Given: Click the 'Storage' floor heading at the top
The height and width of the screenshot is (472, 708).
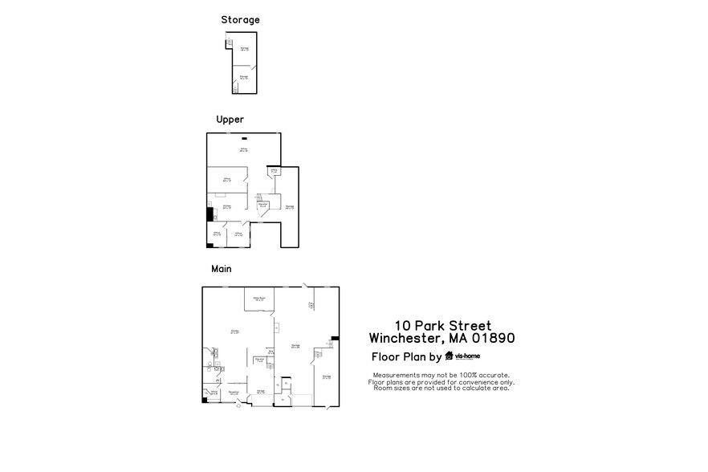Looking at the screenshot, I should (240, 19).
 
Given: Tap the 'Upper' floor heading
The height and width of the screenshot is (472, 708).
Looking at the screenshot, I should (230, 119).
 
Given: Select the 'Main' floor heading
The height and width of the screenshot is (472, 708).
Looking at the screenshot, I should (222, 269).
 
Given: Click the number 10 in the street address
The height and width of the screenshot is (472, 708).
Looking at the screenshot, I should (403, 325).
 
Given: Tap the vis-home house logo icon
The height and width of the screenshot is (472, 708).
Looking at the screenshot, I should (449, 357).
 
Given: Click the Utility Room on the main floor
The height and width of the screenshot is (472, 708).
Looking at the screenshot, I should (259, 299).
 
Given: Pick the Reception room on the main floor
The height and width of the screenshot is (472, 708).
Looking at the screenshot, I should (234, 393).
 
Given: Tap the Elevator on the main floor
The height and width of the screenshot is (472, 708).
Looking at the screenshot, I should (260, 360).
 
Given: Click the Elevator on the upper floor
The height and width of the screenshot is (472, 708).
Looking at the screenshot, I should (262, 205).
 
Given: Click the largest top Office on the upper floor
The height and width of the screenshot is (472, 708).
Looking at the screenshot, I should (242, 150).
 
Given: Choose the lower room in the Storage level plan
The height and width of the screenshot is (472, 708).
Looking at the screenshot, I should (243, 77).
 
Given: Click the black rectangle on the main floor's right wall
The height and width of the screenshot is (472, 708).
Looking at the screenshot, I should (335, 339).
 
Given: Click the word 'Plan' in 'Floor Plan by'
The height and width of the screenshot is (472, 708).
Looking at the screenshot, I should (415, 357).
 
